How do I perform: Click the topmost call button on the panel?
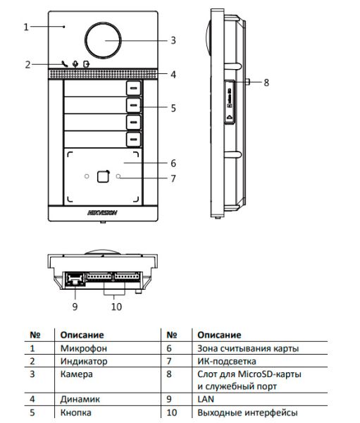[x=134, y=88]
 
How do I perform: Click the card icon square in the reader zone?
[x=103, y=177]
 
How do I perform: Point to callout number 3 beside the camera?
[x=173, y=40]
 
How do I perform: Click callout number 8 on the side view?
[x=266, y=82]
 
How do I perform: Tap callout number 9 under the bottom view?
[x=74, y=306]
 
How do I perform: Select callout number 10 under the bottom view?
[x=116, y=306]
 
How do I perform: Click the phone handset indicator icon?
[x=65, y=64]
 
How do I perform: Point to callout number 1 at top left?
[x=25, y=27]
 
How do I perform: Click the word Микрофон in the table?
[x=81, y=348]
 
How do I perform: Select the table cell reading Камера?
[x=75, y=373]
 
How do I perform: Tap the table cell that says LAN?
[x=205, y=398]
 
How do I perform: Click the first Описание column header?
[x=82, y=335]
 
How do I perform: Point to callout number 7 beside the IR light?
[x=173, y=178]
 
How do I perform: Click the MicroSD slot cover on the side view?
[x=230, y=102]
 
